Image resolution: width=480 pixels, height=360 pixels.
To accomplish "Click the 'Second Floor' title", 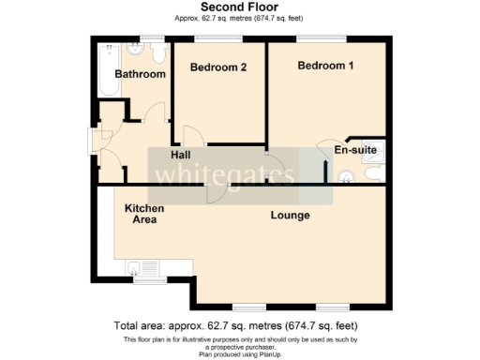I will (239, 7).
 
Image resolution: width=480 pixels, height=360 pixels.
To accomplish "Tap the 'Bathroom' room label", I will (140, 74).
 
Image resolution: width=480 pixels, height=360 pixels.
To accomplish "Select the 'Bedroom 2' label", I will (218, 67).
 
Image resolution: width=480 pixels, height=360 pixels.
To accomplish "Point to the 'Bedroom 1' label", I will (326, 66).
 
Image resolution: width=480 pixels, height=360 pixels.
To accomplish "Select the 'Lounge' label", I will (290, 216).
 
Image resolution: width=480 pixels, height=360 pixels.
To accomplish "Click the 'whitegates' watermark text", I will (225, 175).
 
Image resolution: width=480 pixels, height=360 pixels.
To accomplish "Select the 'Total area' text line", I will (239, 325).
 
